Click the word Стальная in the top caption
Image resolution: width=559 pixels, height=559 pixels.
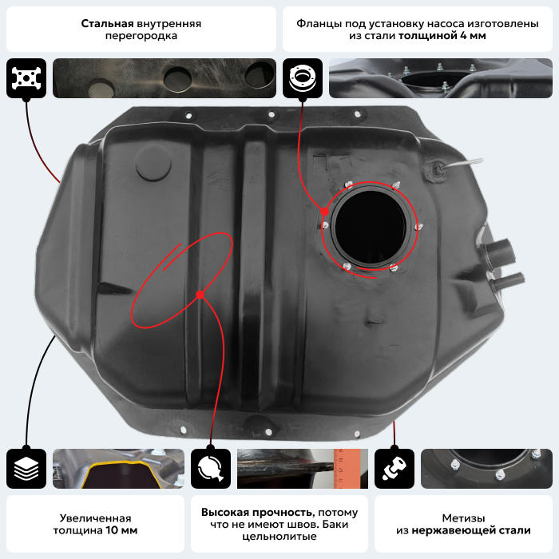(x=107, y=23)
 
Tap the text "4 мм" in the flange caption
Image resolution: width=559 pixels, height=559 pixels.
(x=473, y=36)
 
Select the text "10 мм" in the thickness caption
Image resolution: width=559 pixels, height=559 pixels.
(x=121, y=530)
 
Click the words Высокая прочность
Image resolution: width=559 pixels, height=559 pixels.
(x=257, y=513)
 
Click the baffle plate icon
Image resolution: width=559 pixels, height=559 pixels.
(x=26, y=78)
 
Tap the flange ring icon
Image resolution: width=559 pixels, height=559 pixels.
(x=303, y=78)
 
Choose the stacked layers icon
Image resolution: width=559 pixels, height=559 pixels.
(x=26, y=469)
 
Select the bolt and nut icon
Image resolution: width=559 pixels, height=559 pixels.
(x=394, y=469)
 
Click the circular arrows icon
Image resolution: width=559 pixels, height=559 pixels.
(x=211, y=469)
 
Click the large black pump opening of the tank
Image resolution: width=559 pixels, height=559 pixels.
(x=371, y=227)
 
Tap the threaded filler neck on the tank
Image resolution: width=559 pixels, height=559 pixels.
(x=499, y=253)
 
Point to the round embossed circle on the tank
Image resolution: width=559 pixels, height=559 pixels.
(x=153, y=164)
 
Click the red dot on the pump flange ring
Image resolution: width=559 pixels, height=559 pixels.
(x=324, y=212)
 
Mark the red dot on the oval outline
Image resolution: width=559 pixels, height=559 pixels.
(x=200, y=295)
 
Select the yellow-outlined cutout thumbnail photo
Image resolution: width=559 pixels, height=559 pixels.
(x=119, y=469)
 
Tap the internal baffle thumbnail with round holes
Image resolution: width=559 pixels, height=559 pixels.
(x=165, y=78)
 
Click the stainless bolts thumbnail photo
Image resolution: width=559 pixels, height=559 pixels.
(x=486, y=469)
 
